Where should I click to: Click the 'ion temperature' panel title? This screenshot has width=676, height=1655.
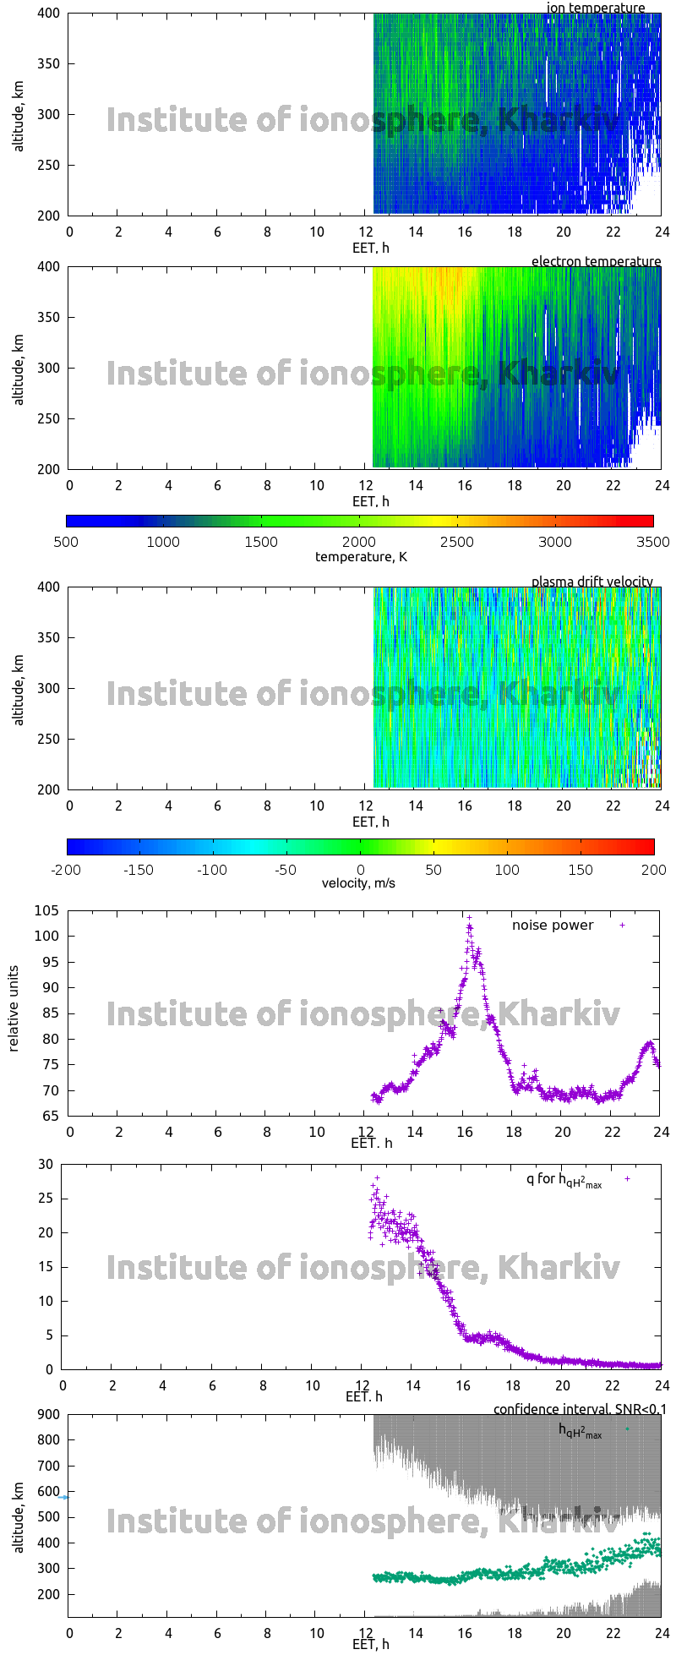pyautogui.click(x=596, y=8)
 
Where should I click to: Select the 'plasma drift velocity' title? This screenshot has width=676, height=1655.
pyautogui.click(x=591, y=582)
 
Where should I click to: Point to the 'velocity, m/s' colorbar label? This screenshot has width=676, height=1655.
pyautogui.click(x=358, y=883)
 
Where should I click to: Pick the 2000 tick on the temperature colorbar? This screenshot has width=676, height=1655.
pyautogui.click(x=359, y=542)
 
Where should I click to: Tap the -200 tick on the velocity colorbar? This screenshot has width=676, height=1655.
pyautogui.click(x=67, y=869)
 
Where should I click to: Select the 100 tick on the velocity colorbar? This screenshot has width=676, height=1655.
pyautogui.click(x=507, y=869)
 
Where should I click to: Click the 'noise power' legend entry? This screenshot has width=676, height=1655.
pyautogui.click(x=553, y=926)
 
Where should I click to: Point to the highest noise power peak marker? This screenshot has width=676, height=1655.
pyautogui.click(x=470, y=917)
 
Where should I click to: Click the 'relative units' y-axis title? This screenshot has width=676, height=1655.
pyautogui.click(x=14, y=1013)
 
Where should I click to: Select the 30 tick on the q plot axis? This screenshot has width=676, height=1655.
pyautogui.click(x=46, y=1165)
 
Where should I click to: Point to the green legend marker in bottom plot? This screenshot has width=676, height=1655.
pyautogui.click(x=626, y=1429)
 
